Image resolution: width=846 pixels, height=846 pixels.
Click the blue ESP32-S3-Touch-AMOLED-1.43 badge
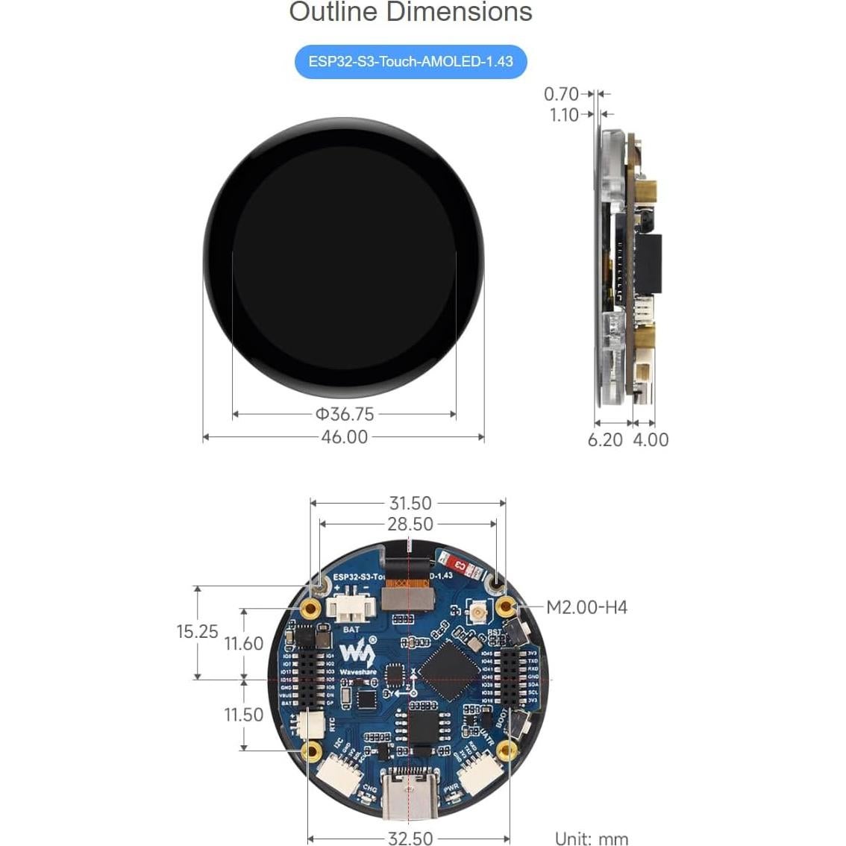[411, 61]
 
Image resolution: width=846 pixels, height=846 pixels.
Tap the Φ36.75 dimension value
[344, 414]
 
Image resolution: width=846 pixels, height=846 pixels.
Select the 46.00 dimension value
[344, 437]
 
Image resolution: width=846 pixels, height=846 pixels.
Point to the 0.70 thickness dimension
[561, 94]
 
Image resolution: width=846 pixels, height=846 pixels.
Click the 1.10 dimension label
[564, 115]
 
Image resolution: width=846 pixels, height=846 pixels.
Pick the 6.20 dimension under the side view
[605, 440]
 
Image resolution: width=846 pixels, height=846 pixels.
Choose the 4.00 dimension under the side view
[651, 440]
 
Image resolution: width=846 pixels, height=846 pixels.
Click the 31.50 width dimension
[410, 504]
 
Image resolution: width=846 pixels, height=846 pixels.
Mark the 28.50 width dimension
[410, 524]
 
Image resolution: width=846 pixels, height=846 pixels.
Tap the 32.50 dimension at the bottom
[410, 839]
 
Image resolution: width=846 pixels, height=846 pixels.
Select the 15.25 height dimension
[197, 632]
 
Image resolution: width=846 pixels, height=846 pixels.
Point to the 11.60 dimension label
[244, 643]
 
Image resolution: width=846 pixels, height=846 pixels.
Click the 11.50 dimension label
[244, 715]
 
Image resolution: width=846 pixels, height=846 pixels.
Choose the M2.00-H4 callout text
[586, 607]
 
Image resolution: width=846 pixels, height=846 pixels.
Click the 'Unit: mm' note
[592, 839]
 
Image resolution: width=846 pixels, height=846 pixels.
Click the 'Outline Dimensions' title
[411, 12]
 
